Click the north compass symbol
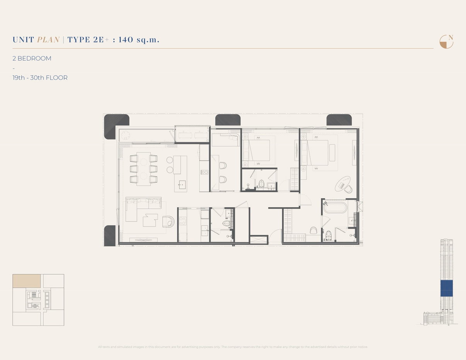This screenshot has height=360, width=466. tap(446, 42)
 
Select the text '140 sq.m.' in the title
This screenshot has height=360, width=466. tap(139, 39)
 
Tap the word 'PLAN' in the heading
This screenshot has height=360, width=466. tap(48, 39)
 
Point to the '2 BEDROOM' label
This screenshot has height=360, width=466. tap(32, 59)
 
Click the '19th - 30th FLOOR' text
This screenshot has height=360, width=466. tap(40, 78)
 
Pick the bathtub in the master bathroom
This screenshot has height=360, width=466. tap(335, 207)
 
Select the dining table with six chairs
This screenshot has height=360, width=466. tap(143, 169)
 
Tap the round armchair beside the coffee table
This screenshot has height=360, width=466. tap(168, 221)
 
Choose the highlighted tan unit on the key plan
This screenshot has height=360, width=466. tap(27, 281)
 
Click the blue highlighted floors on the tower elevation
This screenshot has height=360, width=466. tap(446, 289)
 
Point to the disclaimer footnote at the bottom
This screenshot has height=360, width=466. tap(233, 347)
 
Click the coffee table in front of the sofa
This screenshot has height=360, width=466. tap(150, 220)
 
